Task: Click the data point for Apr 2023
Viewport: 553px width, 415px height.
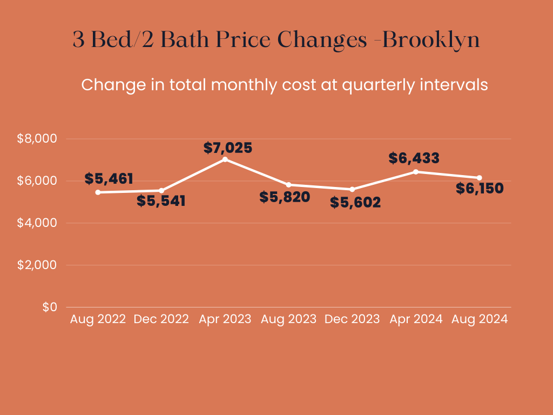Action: (x=225, y=159)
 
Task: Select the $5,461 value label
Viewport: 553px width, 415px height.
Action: (x=109, y=179)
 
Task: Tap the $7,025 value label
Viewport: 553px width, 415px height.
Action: (x=228, y=148)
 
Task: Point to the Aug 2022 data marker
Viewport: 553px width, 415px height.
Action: (x=98, y=192)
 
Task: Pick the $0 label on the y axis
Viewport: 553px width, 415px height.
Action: (x=50, y=307)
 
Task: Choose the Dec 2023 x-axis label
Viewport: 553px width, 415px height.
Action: (x=352, y=319)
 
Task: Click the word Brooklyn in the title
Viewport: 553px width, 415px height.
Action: (x=431, y=41)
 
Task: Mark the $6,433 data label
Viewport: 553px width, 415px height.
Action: (x=414, y=158)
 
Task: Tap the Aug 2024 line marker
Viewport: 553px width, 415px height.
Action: (x=479, y=178)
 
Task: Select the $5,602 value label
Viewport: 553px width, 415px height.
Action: (x=355, y=203)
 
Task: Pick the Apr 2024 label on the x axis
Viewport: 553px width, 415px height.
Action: (x=416, y=319)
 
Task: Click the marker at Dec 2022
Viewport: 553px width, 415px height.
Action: (x=161, y=190)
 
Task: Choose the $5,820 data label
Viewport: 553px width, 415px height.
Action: (x=285, y=197)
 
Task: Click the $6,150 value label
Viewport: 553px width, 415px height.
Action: (x=480, y=189)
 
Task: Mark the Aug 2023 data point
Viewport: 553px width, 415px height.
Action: (x=288, y=184)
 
